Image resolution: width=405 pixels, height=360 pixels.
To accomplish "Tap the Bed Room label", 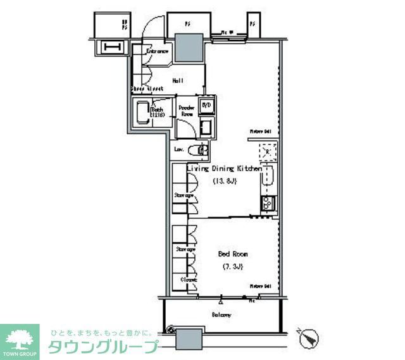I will click(233, 254).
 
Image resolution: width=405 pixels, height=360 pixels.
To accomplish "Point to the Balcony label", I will click(221, 314).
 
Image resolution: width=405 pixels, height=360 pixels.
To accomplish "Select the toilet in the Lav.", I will click(202, 151).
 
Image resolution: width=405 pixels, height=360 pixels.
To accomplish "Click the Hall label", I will click(178, 81).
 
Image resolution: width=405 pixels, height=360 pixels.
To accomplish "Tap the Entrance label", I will click(157, 51).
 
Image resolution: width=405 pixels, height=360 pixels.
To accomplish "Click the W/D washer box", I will click(206, 106).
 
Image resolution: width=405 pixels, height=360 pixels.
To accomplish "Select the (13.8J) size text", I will click(224, 182).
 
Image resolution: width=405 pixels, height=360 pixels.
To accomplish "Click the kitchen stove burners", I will click(267, 203).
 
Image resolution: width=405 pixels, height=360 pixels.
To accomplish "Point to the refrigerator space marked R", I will click(268, 152).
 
